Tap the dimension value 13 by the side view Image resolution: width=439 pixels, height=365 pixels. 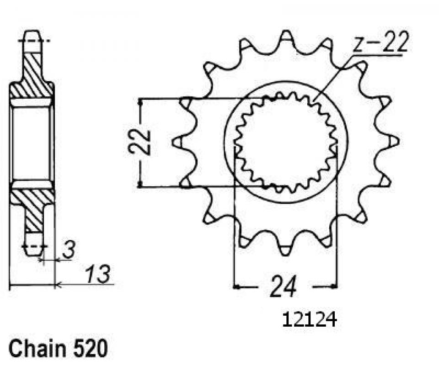[x=97, y=275]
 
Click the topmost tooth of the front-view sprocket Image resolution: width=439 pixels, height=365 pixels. [x=286, y=37]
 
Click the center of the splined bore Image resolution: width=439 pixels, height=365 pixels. [x=285, y=142]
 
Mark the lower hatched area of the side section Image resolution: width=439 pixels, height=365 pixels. [x=33, y=206]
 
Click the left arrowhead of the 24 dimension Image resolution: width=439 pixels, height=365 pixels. [x=237, y=287]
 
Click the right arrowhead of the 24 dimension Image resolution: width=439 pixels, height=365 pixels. [x=334, y=287]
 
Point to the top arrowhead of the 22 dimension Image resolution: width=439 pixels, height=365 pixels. [x=143, y=101]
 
